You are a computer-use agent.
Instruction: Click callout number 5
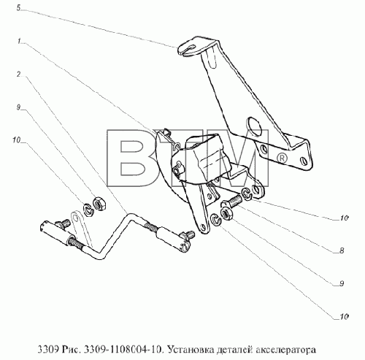click(x=19, y=8)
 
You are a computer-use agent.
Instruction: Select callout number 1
click(x=19, y=41)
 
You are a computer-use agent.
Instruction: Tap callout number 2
click(x=19, y=74)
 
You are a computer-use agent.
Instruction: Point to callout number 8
click(x=342, y=250)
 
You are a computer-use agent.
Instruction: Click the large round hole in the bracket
click(x=254, y=127)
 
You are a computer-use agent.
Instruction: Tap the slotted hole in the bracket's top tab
click(x=190, y=49)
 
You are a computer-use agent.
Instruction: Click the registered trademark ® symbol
click(x=282, y=158)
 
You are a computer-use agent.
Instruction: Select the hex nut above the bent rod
click(x=99, y=204)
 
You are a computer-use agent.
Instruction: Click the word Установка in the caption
click(x=190, y=350)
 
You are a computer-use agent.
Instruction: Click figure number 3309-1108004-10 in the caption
click(x=122, y=350)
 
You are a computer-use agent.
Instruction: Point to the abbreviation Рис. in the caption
click(x=71, y=350)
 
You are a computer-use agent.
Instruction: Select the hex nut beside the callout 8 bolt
click(x=226, y=213)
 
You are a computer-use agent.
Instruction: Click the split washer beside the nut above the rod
click(x=88, y=210)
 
